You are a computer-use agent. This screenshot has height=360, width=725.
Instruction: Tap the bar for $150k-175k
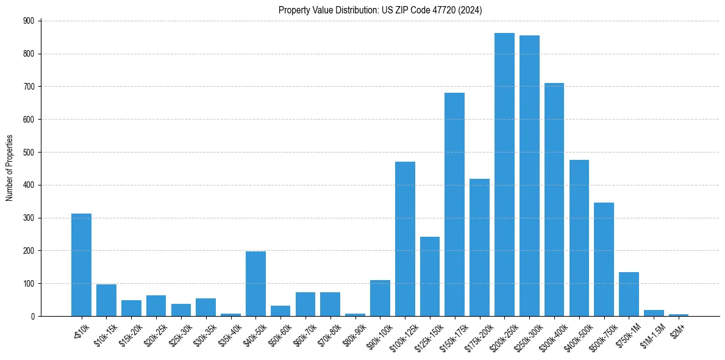point(454,204)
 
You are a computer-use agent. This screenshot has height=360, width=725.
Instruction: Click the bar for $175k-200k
point(479,247)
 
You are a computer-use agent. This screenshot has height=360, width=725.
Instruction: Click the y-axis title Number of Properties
point(9,168)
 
